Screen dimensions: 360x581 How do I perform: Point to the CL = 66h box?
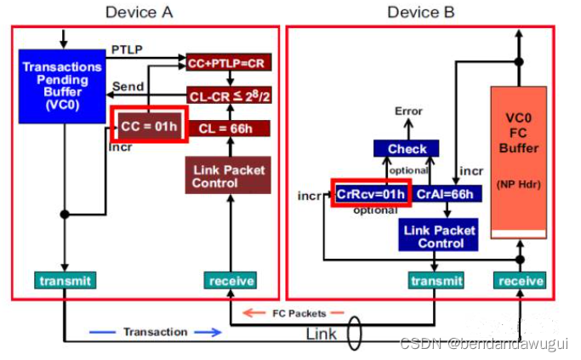coord(227,128)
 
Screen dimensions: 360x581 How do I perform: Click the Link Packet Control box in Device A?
coord(227,175)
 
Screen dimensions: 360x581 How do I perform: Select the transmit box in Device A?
coord(64,280)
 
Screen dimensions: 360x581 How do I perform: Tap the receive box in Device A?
coord(230,280)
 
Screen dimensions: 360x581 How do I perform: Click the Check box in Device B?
coord(407,149)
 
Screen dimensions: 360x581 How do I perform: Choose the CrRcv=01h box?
coord(370,193)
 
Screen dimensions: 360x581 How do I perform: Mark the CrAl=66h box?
coord(447,193)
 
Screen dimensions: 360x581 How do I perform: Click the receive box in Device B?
coord(521,280)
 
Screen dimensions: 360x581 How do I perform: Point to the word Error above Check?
coord(408,111)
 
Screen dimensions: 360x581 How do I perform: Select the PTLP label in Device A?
coord(124,51)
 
